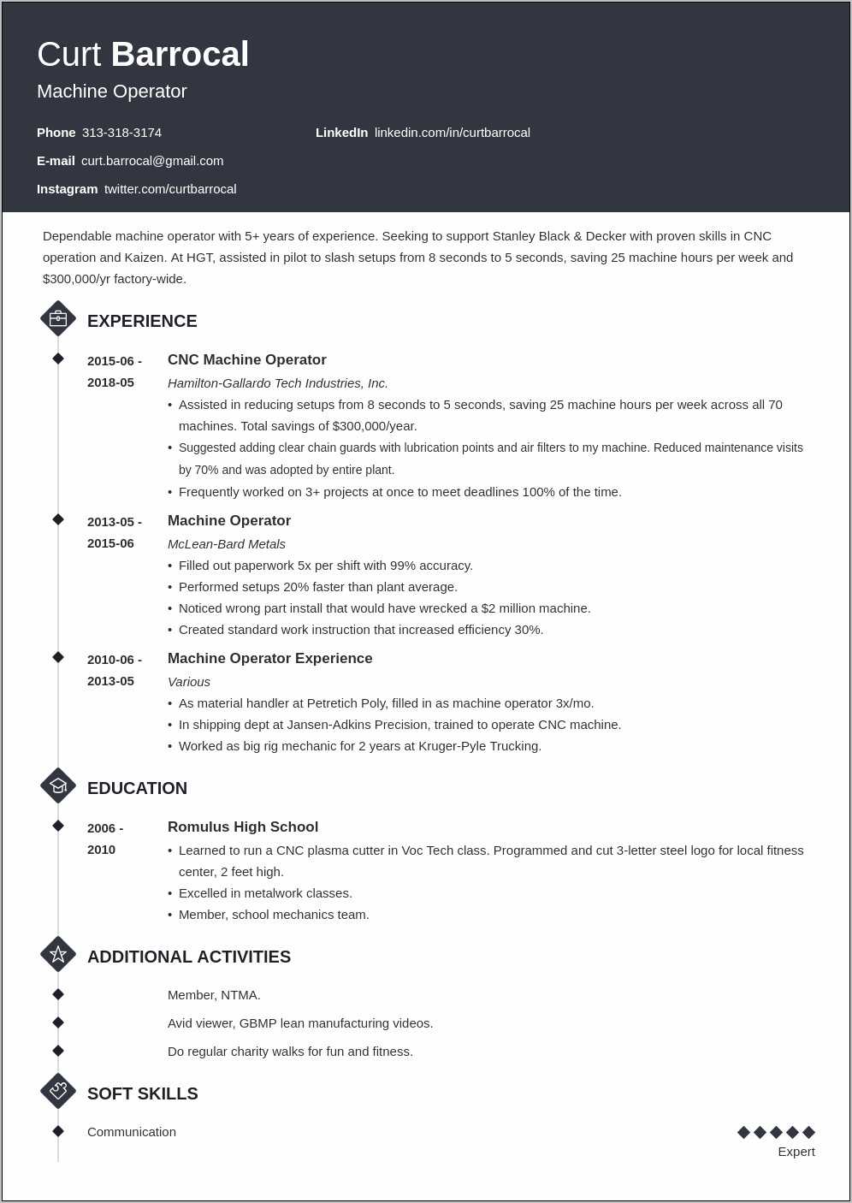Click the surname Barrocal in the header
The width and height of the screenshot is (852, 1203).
point(180,55)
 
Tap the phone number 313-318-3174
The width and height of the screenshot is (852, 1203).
point(121,133)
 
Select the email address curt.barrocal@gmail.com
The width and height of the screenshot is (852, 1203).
point(152,161)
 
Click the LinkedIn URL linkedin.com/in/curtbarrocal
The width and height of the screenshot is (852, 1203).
point(452,133)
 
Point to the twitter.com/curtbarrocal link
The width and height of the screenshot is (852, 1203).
point(170,189)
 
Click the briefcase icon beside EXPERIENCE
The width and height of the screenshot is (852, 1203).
point(58,319)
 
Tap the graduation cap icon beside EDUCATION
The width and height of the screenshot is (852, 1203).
point(58,785)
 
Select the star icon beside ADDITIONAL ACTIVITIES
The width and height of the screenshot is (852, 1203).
point(58,954)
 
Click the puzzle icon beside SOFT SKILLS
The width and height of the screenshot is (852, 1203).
point(58,1091)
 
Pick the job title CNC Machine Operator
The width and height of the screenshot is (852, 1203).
point(246,360)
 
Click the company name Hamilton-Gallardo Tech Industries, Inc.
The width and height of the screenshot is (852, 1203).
point(277,383)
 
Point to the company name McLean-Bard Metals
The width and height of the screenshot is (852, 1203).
point(226,544)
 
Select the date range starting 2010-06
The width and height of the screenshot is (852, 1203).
point(114,670)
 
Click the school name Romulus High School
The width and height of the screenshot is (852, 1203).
point(242,827)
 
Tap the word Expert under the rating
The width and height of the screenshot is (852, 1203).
point(796,1152)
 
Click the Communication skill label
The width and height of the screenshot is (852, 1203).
point(131,1132)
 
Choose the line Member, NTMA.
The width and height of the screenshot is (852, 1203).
point(214,995)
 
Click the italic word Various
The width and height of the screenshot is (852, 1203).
point(188,682)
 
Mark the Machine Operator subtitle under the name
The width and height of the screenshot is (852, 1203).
point(111,92)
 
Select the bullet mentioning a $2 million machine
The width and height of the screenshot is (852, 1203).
point(384,608)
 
